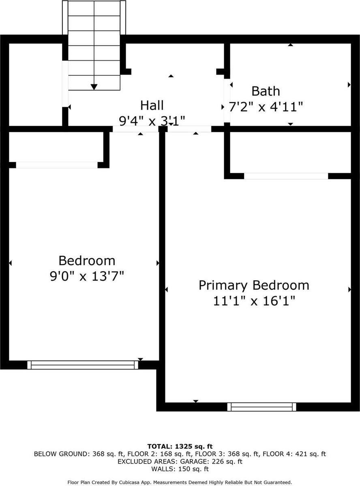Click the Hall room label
[x=152, y=105]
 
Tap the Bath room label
[x=266, y=91]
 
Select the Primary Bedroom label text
[x=254, y=285]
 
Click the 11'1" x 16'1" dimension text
[x=254, y=301]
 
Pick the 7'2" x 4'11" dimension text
[x=266, y=108]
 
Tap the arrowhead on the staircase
[x=94, y=86]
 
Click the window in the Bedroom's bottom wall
[x=83, y=365]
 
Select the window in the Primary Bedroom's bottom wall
[x=261, y=406]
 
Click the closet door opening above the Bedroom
[x=57, y=165]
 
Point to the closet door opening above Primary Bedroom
[x=286, y=176]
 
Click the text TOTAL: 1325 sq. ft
[x=180, y=446]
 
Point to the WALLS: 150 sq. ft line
[x=180, y=469]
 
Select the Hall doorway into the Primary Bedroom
[x=189, y=129]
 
